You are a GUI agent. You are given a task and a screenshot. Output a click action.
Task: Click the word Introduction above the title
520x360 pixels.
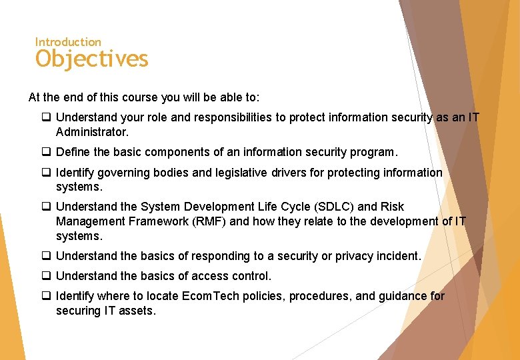tap(68, 42)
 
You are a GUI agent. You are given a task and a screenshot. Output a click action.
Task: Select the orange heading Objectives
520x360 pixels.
tap(92, 59)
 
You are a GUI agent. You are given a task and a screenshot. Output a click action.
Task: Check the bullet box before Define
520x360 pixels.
tap(46, 152)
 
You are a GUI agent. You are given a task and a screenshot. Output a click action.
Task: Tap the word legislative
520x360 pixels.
tap(240, 173)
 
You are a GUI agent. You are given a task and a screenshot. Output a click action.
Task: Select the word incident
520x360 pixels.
tap(399, 256)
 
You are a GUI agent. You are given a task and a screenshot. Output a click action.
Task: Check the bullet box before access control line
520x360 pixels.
tap(46, 276)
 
